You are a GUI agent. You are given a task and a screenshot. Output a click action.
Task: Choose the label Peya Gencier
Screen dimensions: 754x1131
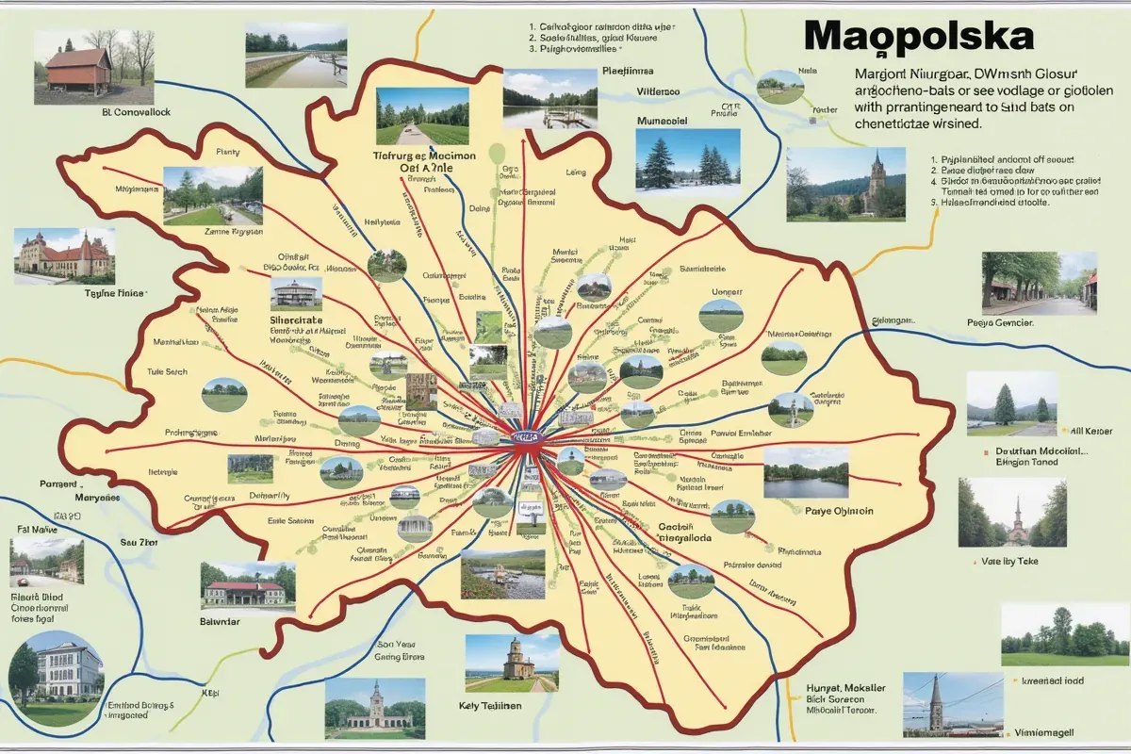[1000, 322]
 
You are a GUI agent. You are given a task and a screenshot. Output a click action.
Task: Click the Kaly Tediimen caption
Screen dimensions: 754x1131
[498, 706]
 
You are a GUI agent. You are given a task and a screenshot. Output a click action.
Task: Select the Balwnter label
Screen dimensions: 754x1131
[220, 621]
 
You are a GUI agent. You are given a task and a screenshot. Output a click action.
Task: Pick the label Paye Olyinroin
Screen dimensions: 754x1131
[840, 511]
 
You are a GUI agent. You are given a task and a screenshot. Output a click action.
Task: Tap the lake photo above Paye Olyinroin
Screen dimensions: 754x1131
[806, 472]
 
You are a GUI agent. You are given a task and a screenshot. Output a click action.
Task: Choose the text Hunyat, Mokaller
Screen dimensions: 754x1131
[846, 688]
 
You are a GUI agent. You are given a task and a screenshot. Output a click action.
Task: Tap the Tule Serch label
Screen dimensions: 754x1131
[168, 371]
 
